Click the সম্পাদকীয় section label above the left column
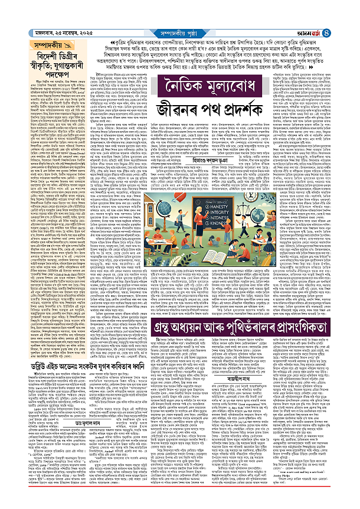(x=29, y=43)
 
